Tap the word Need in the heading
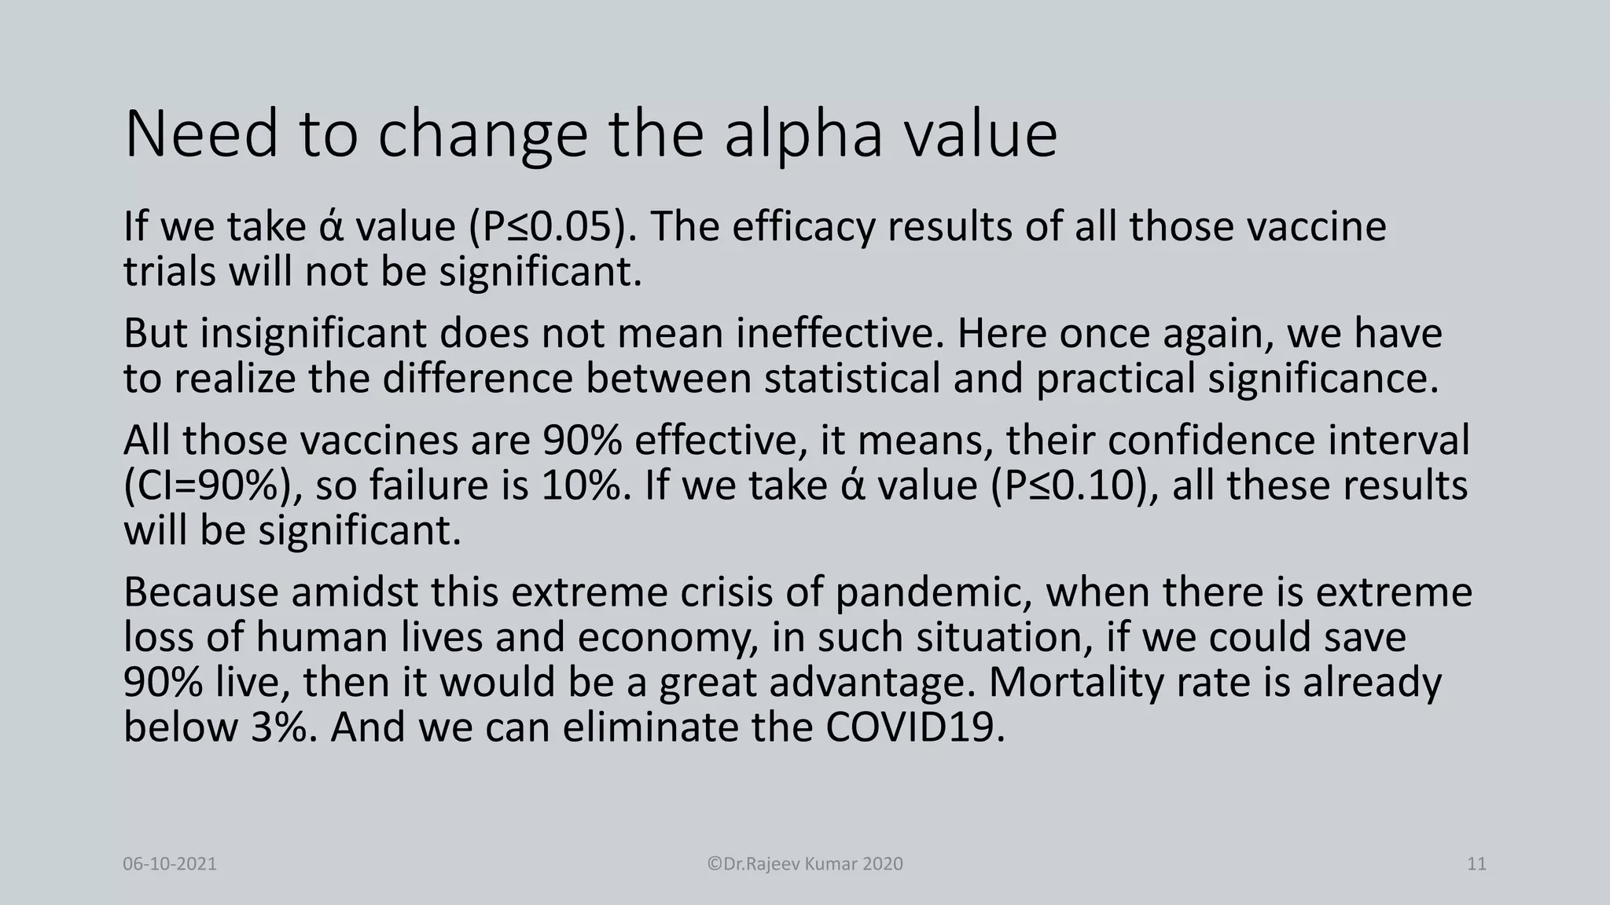click(201, 135)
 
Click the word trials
click(169, 272)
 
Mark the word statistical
click(852, 379)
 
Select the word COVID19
click(915, 727)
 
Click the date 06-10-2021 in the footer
click(170, 864)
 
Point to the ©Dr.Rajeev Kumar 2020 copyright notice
click(805, 864)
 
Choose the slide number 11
click(1476, 864)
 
